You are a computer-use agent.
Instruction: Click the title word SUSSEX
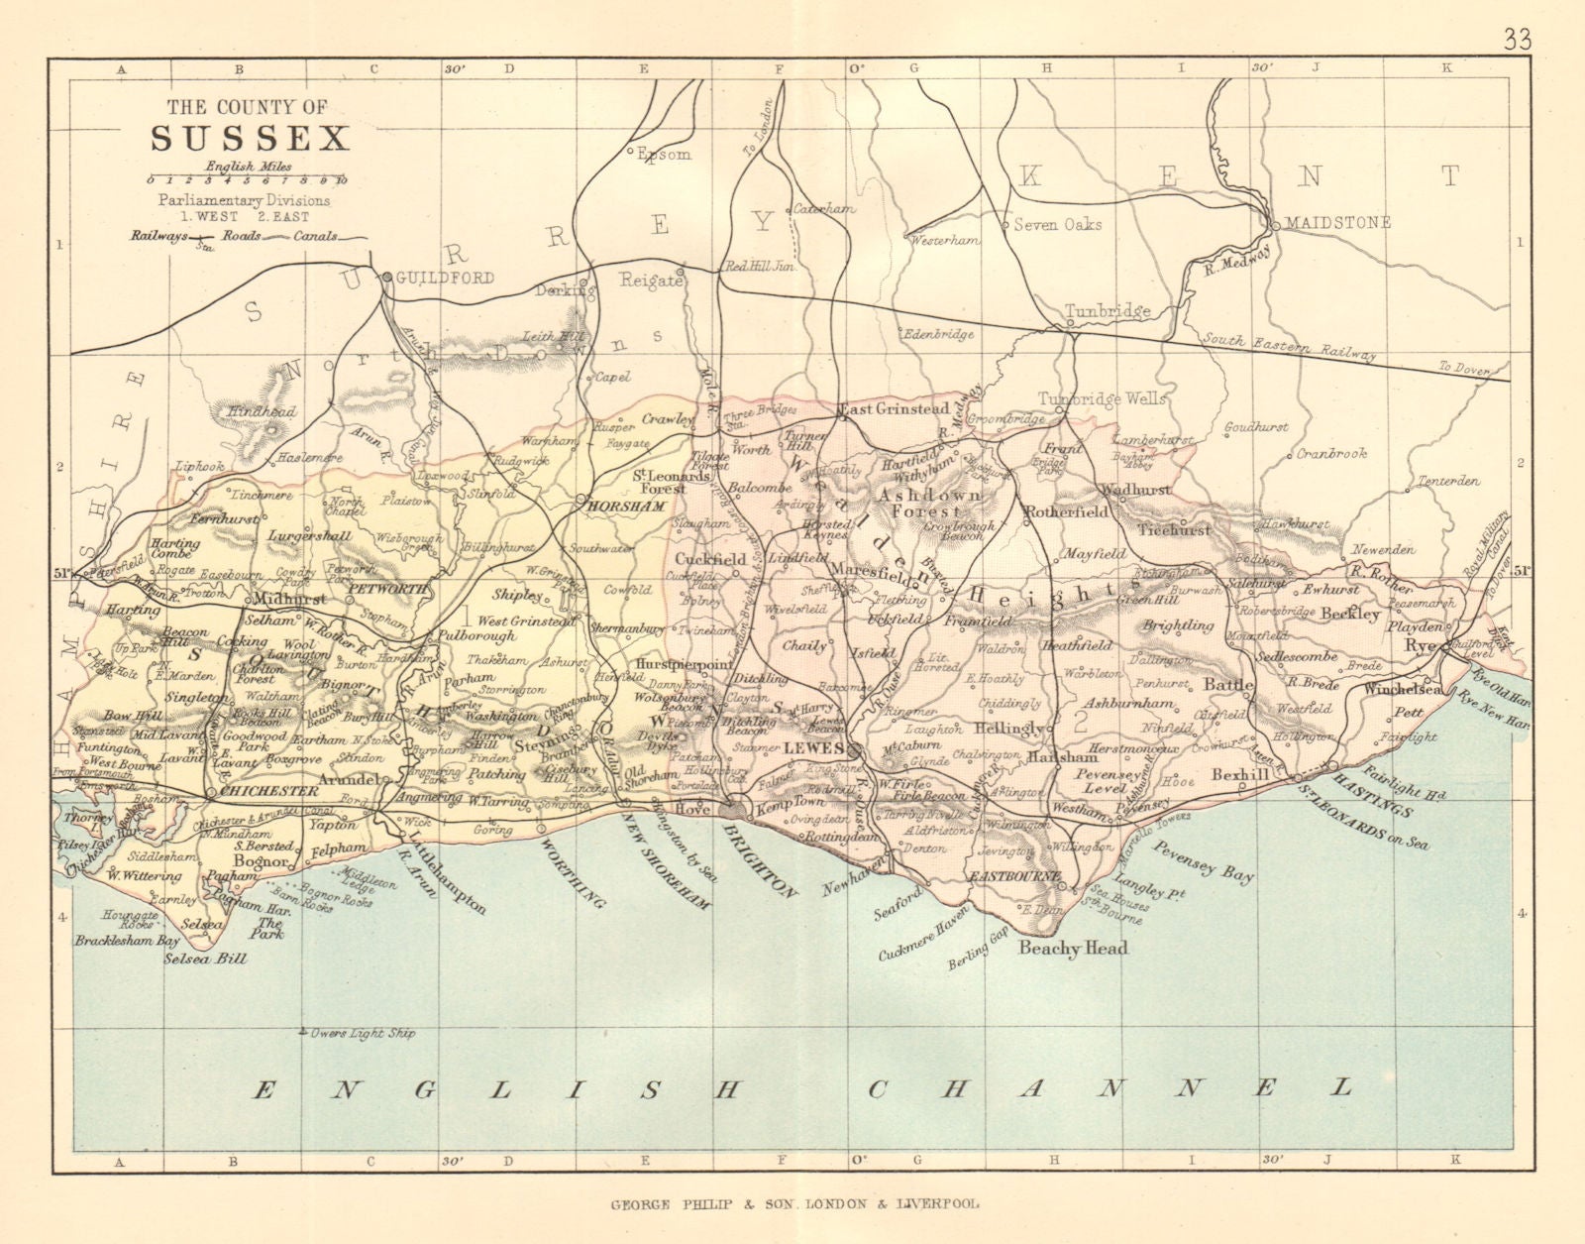(x=250, y=138)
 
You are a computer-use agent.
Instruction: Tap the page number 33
(x=1517, y=39)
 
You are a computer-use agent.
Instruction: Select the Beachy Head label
(x=1074, y=949)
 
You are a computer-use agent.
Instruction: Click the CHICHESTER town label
(x=268, y=791)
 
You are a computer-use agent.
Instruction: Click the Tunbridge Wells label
(x=1102, y=399)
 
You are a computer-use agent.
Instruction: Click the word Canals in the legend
(x=315, y=236)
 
